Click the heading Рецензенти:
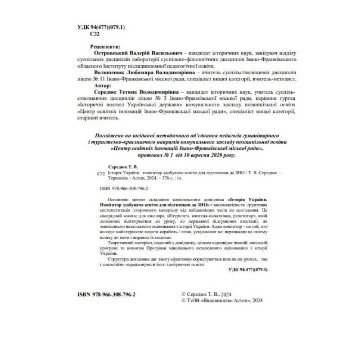tap(105, 46)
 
